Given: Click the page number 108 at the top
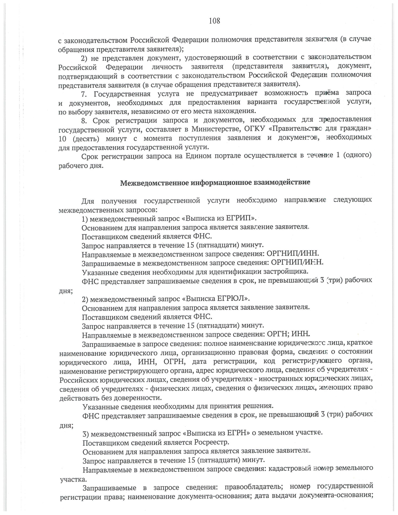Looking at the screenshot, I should (214, 21).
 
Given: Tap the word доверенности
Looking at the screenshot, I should (141, 397).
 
